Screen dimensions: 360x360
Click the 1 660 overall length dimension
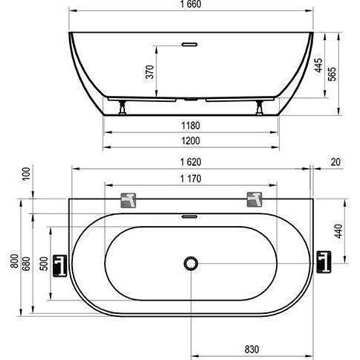pyautogui.click(x=190, y=4)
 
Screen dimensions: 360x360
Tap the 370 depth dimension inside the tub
pyautogui.click(x=150, y=72)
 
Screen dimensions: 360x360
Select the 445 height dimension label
pyautogui.click(x=318, y=65)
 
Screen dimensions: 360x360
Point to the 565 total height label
pyautogui.click(x=332, y=74)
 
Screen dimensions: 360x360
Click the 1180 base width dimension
pyautogui.click(x=190, y=126)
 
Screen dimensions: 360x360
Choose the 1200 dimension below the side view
pyautogui.click(x=190, y=141)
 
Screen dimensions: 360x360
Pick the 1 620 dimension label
pyautogui.click(x=190, y=162)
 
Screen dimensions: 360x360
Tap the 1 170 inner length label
pyautogui.click(x=190, y=179)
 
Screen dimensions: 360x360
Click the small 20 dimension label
pyautogui.click(x=335, y=162)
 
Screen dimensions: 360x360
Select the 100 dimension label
pyautogui.click(x=26, y=174)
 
